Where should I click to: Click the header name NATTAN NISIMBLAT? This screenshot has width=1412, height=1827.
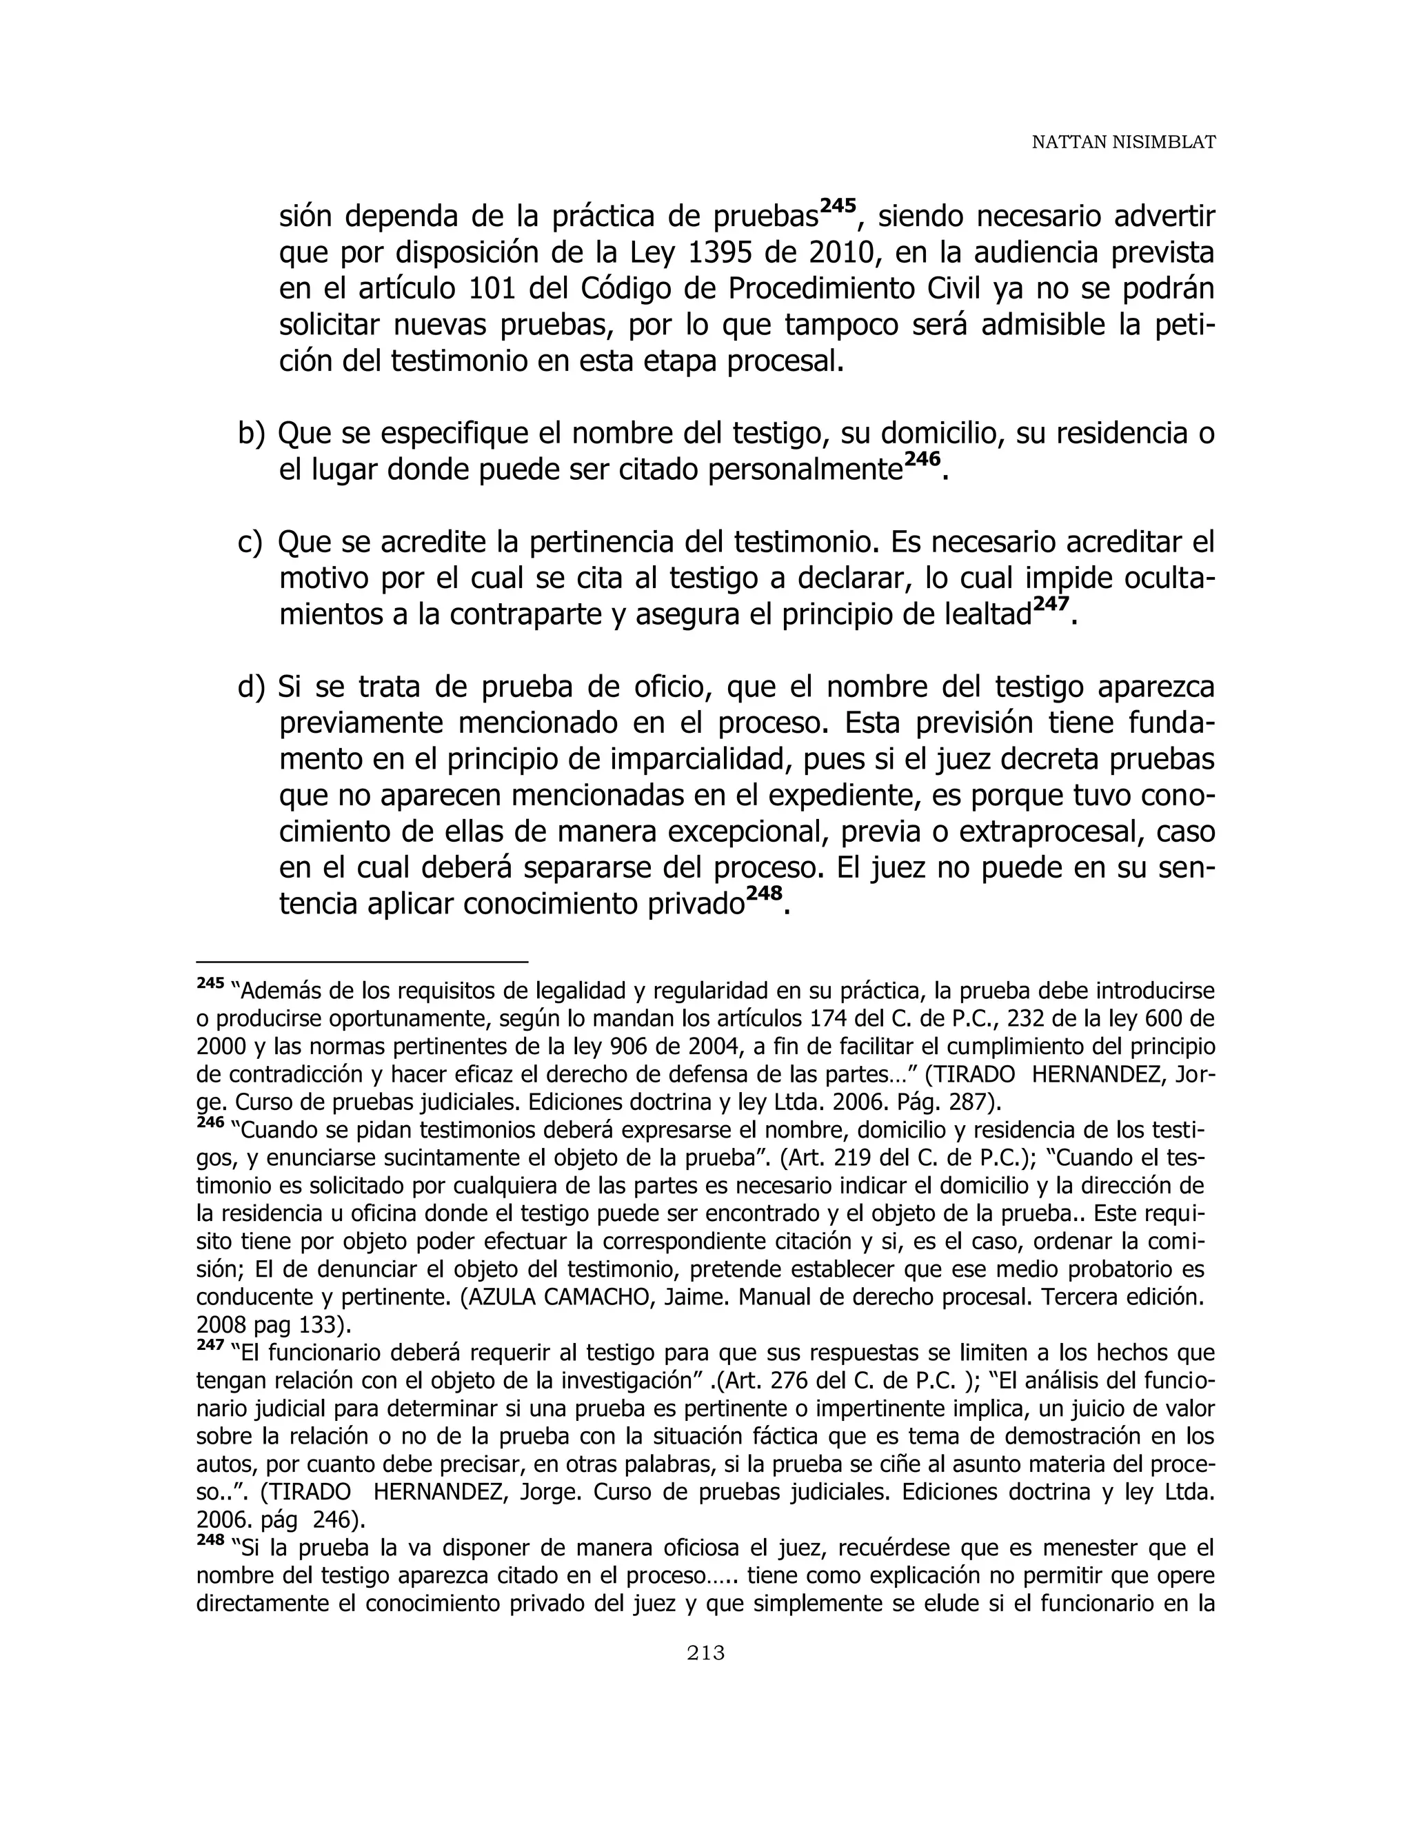coord(1122,143)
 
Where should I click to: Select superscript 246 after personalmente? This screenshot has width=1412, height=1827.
coord(922,459)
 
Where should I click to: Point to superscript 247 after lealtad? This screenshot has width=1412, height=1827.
coord(1050,604)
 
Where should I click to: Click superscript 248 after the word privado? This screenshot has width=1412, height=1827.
coord(764,894)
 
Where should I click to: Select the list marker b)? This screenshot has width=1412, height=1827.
coord(251,434)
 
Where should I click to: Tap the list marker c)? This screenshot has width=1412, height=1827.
coord(250,543)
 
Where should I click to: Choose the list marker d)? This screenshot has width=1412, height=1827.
coord(251,687)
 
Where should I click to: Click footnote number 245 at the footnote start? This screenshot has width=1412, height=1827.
coord(210,983)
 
